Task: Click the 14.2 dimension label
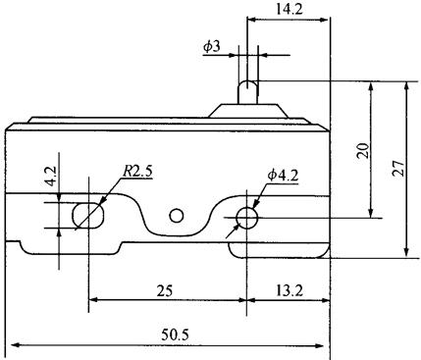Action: pos(289,9)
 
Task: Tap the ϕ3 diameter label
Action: pos(212,47)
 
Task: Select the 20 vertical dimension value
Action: pos(363,151)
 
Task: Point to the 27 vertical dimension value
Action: pos(398,169)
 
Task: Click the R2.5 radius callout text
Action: pos(137,171)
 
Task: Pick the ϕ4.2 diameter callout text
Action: pos(283,176)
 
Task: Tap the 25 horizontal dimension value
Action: pos(164,290)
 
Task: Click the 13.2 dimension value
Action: pos(289,290)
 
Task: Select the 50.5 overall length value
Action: pos(175,334)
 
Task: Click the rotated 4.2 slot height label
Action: pos(51,176)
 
